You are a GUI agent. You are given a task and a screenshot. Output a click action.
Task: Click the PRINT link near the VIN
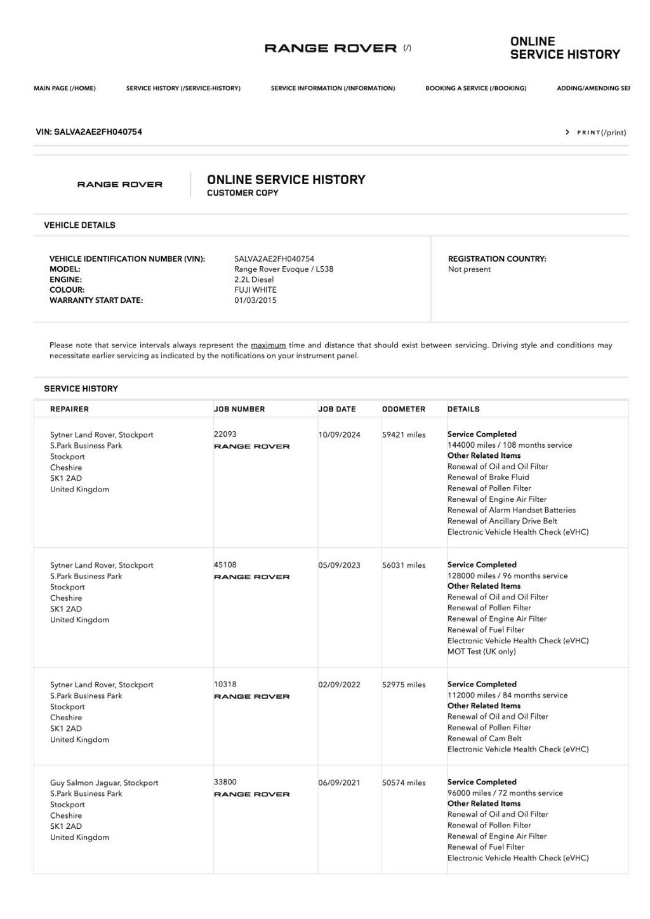(x=597, y=133)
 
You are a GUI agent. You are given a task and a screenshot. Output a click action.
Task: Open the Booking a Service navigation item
(x=475, y=88)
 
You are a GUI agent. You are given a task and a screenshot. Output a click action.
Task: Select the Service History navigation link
(x=183, y=88)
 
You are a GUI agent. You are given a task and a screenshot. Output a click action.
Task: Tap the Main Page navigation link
(x=65, y=88)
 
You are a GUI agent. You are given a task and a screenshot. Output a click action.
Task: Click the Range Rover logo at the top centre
(x=331, y=48)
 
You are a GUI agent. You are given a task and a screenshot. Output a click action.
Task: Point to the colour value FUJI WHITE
(x=255, y=290)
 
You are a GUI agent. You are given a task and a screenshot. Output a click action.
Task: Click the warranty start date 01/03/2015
(x=255, y=300)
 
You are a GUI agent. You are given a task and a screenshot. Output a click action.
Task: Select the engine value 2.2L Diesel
(x=254, y=279)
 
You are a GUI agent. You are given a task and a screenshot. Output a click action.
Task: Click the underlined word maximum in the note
(x=268, y=345)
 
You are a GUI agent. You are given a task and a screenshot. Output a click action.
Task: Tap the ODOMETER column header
(x=404, y=409)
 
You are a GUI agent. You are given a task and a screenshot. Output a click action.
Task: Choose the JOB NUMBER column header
(x=239, y=409)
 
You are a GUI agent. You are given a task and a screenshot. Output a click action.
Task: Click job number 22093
(x=225, y=434)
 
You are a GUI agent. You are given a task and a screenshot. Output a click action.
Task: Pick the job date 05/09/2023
(x=339, y=565)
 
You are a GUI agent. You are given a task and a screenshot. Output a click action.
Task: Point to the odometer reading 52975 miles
(x=404, y=685)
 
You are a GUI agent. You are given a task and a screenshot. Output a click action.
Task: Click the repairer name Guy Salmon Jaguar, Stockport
(x=104, y=783)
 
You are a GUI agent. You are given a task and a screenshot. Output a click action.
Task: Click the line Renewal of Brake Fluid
(x=488, y=478)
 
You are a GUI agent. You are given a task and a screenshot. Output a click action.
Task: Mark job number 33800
(x=225, y=782)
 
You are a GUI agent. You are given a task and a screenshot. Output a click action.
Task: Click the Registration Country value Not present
(x=469, y=269)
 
